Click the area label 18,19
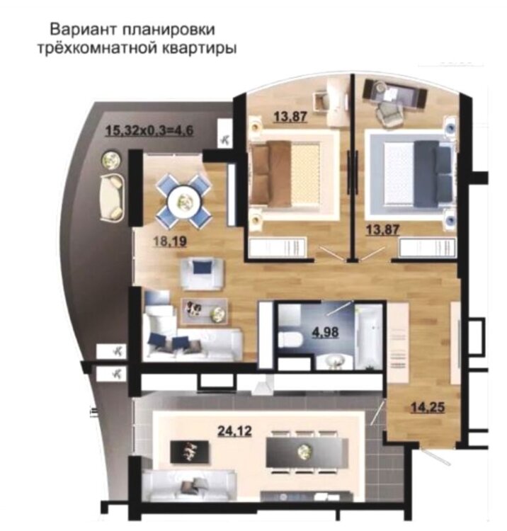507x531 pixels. click(169, 242)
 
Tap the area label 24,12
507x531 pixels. click(234, 431)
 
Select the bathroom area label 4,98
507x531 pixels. click(325, 332)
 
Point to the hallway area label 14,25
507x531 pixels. click(428, 407)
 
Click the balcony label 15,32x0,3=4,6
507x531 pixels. click(149, 130)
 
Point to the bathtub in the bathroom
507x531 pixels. click(368, 336)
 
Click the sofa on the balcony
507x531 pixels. click(112, 197)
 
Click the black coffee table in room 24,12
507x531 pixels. click(189, 451)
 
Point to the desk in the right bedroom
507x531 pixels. click(394, 91)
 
